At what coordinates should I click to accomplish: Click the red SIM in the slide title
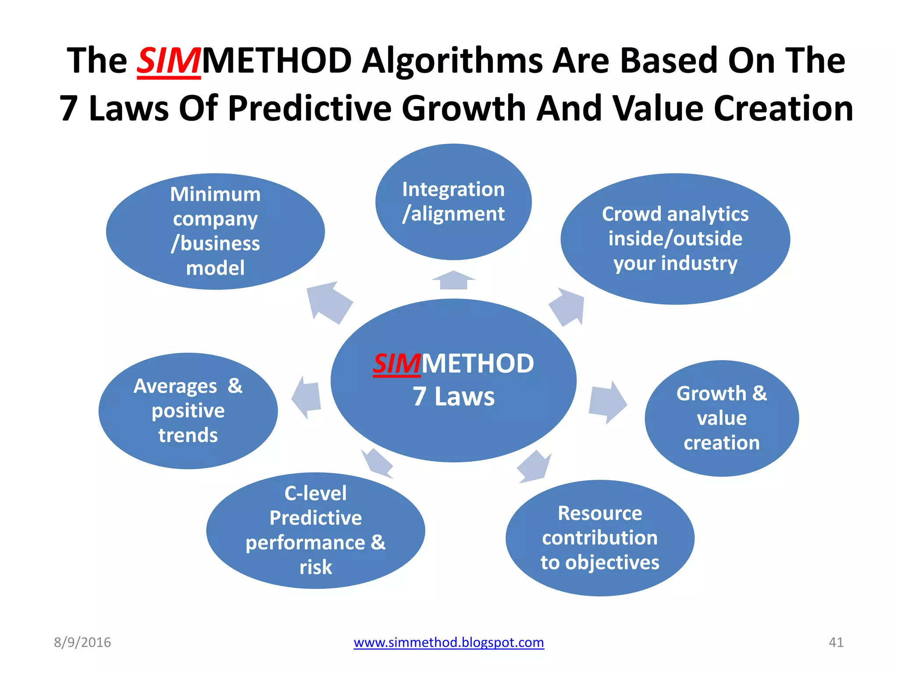tap(169, 61)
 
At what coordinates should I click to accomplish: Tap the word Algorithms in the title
tap(452, 61)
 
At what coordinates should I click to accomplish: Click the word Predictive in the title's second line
tap(310, 108)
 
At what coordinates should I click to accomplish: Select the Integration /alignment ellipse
tap(453, 202)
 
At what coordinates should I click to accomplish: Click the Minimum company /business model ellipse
tap(215, 231)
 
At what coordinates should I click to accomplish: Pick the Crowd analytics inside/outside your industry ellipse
tap(675, 239)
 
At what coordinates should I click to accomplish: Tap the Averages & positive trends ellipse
tap(188, 411)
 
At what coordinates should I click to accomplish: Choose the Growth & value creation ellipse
tap(721, 418)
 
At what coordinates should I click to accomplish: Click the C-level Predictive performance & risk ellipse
tap(315, 530)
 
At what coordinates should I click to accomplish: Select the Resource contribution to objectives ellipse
tap(600, 538)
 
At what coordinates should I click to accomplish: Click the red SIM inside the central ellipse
tap(397, 364)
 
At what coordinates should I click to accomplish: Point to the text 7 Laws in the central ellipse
tap(453, 397)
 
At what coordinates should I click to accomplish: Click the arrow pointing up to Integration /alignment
tap(453, 280)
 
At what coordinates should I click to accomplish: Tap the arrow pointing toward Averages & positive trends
tap(307, 397)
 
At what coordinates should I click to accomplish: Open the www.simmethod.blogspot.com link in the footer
tap(449, 642)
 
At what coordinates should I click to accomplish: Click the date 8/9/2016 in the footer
tap(82, 642)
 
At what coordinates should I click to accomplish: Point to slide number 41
tap(836, 642)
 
